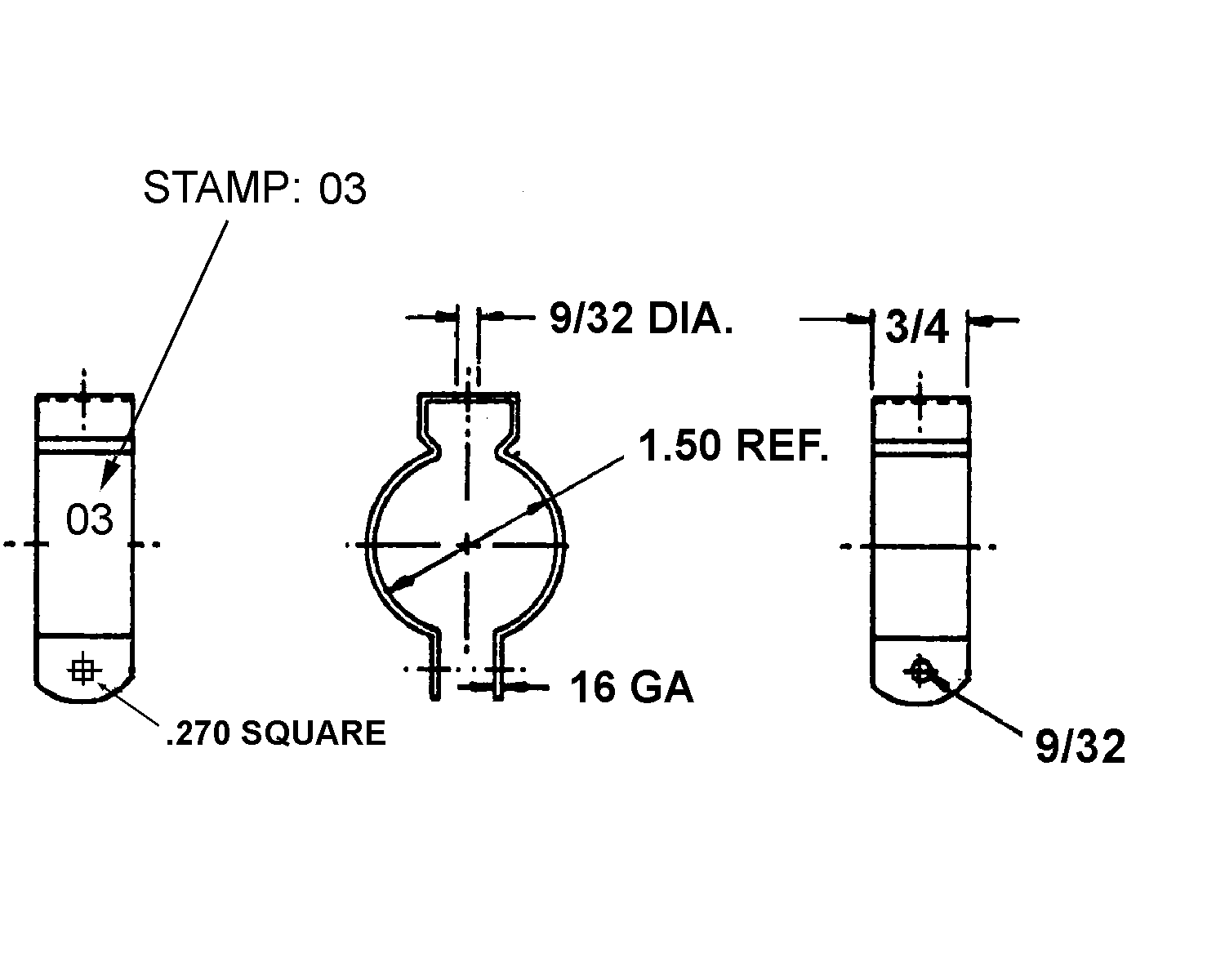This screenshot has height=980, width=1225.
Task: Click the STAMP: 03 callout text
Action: point(255,188)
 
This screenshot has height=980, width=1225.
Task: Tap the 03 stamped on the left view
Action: point(89,519)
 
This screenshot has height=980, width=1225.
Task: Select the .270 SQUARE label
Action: point(276,733)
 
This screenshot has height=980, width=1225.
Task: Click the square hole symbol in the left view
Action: point(83,670)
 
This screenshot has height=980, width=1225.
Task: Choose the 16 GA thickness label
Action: point(632,688)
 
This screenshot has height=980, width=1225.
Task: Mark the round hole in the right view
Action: point(920,672)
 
